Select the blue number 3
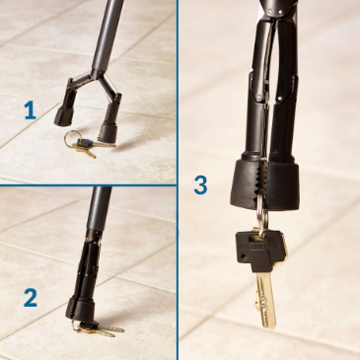tap(200, 183)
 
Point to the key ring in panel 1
tap(74, 140)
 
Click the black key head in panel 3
tap(258, 252)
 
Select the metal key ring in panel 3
tap(259, 217)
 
